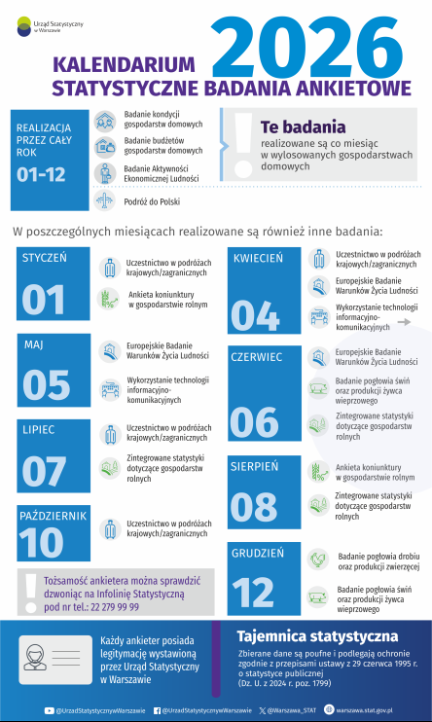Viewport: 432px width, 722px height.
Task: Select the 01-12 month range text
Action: tap(42, 175)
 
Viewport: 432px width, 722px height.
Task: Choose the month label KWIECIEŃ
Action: tap(258, 258)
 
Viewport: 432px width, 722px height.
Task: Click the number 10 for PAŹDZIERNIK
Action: tap(41, 543)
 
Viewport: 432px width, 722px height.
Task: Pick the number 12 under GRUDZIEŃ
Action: tap(254, 590)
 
